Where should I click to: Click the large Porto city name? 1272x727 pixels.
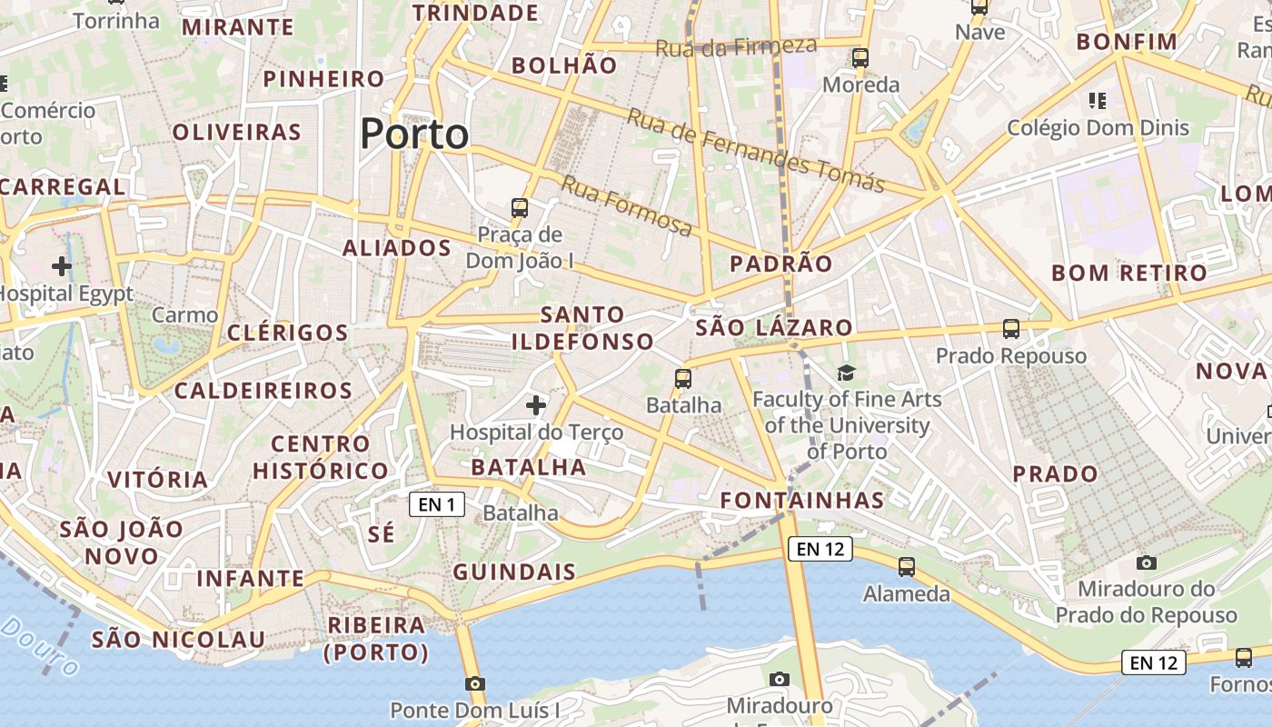click(414, 134)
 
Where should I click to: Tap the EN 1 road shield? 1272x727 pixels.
click(437, 504)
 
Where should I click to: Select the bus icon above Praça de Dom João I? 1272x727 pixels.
click(520, 208)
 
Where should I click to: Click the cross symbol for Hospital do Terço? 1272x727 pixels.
click(536, 404)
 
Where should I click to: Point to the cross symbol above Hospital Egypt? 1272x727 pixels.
click(62, 266)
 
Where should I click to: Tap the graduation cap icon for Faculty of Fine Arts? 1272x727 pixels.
click(846, 373)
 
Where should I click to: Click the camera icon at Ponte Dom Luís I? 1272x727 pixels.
click(474, 683)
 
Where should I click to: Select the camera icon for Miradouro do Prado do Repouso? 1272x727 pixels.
click(1147, 563)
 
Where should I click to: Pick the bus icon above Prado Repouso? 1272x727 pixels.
click(1010, 329)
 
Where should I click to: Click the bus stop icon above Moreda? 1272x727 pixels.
click(860, 58)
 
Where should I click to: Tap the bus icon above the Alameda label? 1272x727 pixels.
click(906, 567)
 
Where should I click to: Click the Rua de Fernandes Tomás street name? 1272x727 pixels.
click(755, 151)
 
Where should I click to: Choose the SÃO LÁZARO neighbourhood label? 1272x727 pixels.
click(774, 328)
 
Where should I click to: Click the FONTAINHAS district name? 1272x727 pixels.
click(802, 500)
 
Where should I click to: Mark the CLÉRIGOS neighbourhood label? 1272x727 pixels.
click(287, 333)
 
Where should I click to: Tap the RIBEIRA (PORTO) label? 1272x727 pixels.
click(376, 639)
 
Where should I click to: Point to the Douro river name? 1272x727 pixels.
click(39, 645)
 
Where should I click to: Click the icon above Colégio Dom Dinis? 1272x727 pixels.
click(1097, 100)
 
